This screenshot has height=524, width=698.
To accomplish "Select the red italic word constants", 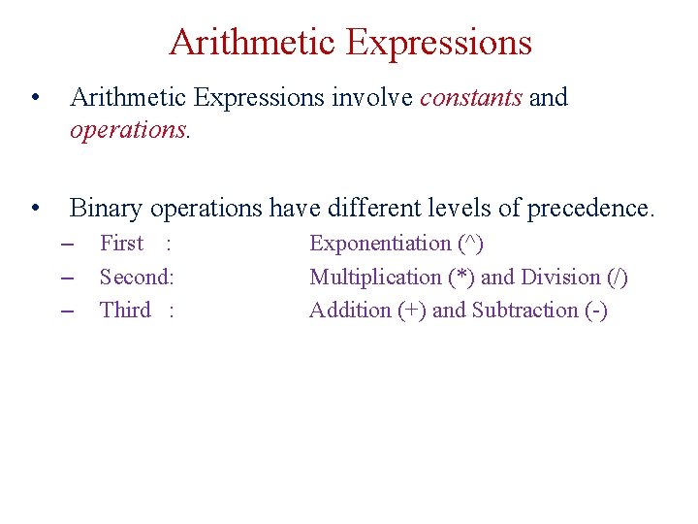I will coord(471,97).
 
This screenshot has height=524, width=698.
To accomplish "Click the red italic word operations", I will coord(129,130).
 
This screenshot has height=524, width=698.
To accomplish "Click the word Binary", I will coord(105,208).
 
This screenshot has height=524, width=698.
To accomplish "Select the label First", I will coord(121,244).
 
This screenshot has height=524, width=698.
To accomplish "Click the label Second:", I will coord(137,277).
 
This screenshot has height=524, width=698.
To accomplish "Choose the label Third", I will coord(125,310).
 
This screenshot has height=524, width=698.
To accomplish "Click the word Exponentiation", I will coord(380,244).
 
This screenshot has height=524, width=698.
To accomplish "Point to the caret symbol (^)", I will coord(470,243).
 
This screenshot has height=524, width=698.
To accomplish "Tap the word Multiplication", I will coord(375,277).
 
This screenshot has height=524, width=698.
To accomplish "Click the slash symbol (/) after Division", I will coord(617,277).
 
